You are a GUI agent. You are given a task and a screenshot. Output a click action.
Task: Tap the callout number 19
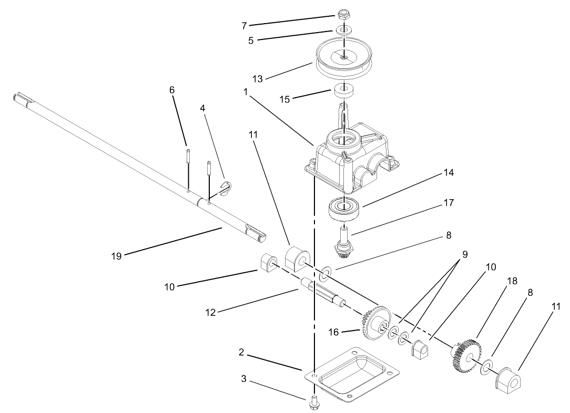[x=116, y=256]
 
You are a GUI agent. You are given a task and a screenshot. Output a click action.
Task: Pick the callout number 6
[x=171, y=90]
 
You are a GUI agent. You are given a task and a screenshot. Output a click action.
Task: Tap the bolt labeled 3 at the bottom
[x=314, y=403]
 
